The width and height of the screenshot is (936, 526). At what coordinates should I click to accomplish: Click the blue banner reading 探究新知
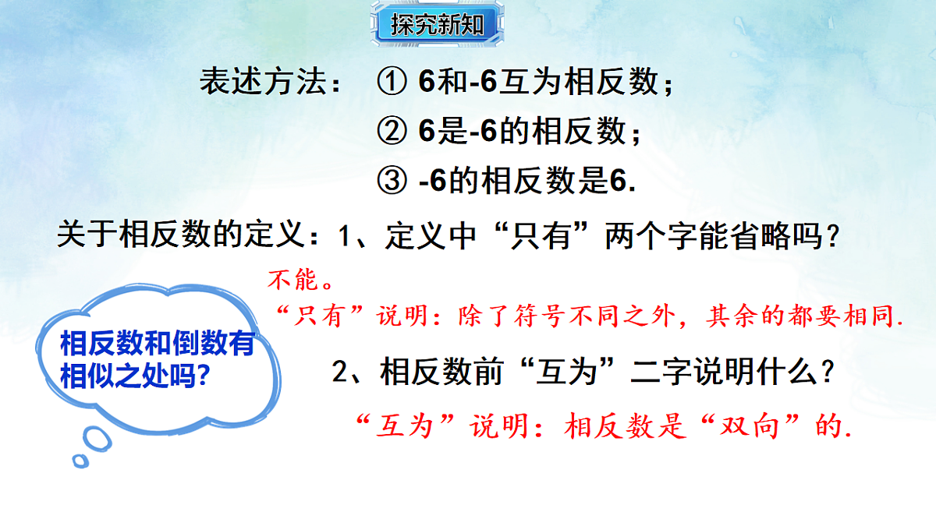[430, 25]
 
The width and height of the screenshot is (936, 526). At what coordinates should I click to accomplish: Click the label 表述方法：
[270, 83]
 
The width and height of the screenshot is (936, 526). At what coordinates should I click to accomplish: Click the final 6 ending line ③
[619, 182]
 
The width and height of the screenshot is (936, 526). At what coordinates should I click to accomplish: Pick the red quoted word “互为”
[402, 427]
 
